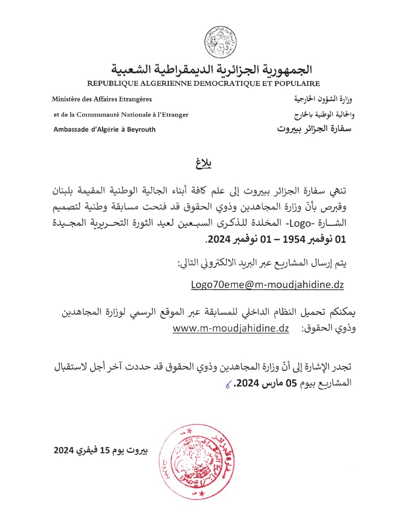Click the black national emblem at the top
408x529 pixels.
pyautogui.click(x=220, y=42)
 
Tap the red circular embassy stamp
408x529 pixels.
pyautogui.click(x=197, y=461)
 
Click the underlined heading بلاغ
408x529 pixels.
pyautogui.click(x=203, y=163)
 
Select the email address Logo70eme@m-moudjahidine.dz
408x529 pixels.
pyautogui.click(x=267, y=284)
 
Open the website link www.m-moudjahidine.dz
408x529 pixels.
pyautogui.click(x=231, y=328)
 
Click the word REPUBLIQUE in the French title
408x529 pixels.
pyautogui.click(x=113, y=84)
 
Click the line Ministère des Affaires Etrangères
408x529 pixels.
pyautogui.click(x=102, y=99)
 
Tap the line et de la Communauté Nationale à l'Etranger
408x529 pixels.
pyautogui.click(x=121, y=115)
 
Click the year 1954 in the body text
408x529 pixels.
pyautogui.click(x=294, y=239)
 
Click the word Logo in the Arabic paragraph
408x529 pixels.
pyautogui.click(x=300, y=223)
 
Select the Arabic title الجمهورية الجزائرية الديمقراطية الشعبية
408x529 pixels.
pyautogui.click(x=212, y=69)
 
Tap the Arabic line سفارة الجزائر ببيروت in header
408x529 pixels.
pyautogui.click(x=314, y=129)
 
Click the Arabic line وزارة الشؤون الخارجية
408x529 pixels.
pyautogui.click(x=323, y=99)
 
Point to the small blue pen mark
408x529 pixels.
pyautogui.click(x=228, y=384)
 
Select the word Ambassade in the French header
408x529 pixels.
pyautogui.click(x=71, y=130)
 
